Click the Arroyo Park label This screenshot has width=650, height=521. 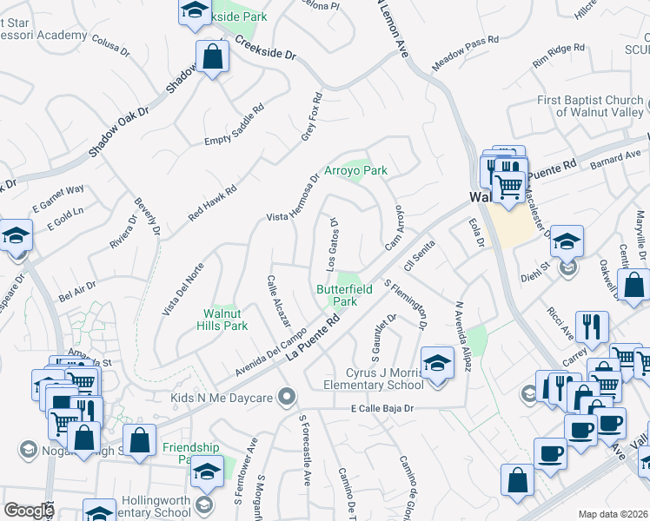[355, 171]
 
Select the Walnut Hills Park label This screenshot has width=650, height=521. [225, 319]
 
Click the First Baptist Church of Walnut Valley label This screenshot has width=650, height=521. [590, 106]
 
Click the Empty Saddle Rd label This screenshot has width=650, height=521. [234, 126]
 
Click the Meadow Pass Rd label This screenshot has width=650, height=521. [466, 53]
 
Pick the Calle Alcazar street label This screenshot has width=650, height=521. [278, 300]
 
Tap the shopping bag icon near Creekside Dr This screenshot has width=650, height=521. [211, 57]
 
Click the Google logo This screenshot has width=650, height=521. [28, 511]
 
